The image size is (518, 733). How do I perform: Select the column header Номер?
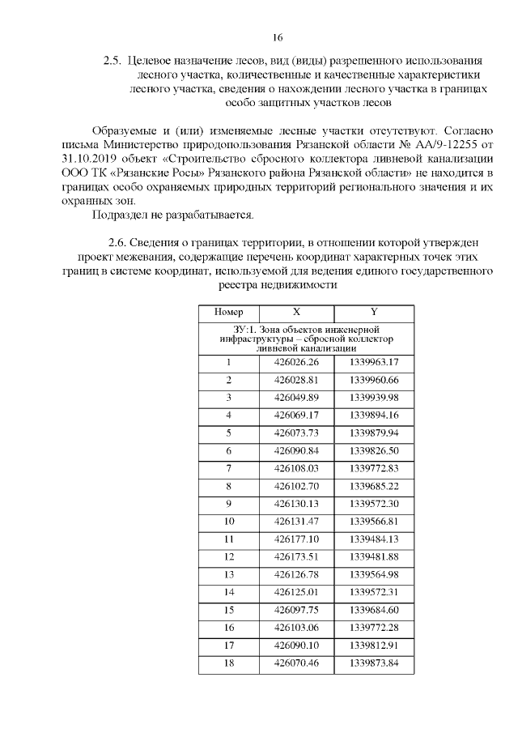228,312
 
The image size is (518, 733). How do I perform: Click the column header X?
296,312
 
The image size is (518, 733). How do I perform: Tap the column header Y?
373,312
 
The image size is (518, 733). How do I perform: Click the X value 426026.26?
296,362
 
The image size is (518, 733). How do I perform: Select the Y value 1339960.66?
374,380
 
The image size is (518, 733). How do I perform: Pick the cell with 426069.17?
296,415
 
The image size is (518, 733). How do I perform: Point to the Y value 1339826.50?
374,450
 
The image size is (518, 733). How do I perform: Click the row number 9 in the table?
228,503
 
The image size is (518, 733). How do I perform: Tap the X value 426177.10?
296,539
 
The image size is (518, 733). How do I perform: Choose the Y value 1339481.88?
374,556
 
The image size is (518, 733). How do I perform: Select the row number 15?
228,609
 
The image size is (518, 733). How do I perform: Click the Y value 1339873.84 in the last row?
374,663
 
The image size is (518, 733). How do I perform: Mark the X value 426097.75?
296,609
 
